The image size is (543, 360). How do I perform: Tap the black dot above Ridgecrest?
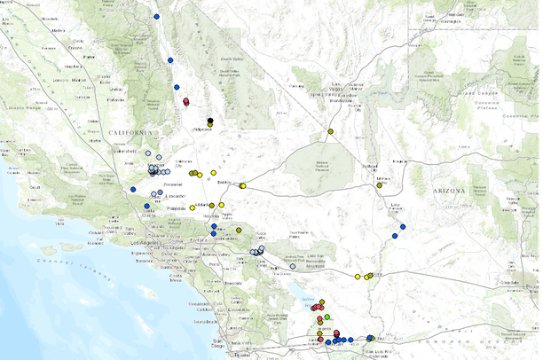coord(210,120)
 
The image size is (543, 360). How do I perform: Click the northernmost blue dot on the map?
coord(157,16)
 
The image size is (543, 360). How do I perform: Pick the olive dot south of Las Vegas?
coord(330,132)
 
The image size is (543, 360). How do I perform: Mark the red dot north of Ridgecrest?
coord(186,101)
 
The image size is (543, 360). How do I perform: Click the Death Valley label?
coord(231,60)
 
